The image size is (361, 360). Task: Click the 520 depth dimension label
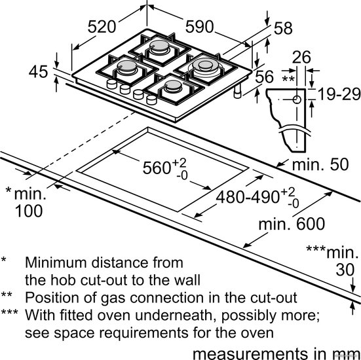coord(102,27)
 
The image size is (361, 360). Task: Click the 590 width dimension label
coord(199,27)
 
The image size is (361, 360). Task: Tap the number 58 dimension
coord(283,29)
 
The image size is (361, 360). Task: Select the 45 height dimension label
coord(38,71)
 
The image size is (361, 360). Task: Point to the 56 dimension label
coord(264,77)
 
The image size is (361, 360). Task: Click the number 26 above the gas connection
coord(301,57)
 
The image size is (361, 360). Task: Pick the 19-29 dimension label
coord(339,94)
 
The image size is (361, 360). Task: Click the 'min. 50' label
coord(320,165)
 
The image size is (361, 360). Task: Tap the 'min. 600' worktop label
coord(292,224)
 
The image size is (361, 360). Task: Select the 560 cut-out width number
coord(157,168)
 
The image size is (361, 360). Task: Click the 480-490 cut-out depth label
coord(248,198)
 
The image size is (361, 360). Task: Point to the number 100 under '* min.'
coord(29,211)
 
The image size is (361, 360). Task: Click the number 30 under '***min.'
coord(345,270)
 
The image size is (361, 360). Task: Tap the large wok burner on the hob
coord(206,66)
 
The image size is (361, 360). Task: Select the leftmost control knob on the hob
coord(112,84)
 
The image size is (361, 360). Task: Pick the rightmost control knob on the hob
coord(151,100)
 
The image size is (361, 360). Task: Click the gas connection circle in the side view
coord(297,99)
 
